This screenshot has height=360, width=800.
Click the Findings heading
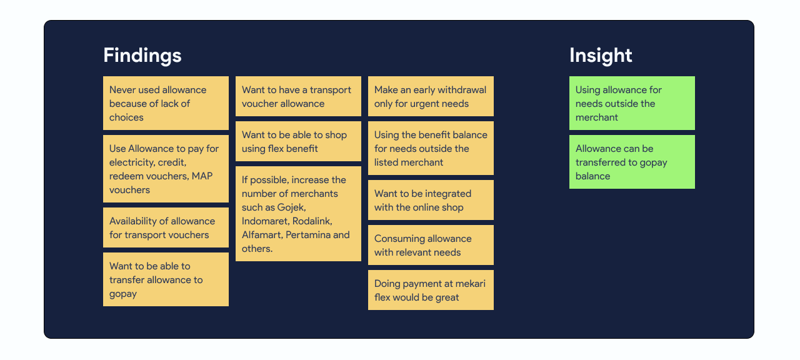142,56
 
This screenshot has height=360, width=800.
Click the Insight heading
600,56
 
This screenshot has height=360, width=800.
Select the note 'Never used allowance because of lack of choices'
166,103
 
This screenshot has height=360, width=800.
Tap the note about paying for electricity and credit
166,169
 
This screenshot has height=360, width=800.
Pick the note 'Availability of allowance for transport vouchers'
166,227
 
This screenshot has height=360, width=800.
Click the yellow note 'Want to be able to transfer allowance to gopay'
166,279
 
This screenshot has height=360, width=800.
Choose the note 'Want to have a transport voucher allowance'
298,96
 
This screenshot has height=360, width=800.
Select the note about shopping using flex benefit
298,141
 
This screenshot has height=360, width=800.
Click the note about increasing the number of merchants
298,214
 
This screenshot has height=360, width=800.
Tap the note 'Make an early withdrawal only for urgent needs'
431,96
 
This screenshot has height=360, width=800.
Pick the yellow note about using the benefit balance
431,148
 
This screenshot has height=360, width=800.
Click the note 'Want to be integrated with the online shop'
431,200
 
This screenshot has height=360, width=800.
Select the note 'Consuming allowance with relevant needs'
431,245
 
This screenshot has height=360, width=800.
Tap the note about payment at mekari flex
431,290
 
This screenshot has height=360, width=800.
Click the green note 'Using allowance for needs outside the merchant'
632,103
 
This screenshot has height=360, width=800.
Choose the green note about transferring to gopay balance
632,162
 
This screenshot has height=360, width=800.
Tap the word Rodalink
311,221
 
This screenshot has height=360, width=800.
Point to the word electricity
132,162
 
